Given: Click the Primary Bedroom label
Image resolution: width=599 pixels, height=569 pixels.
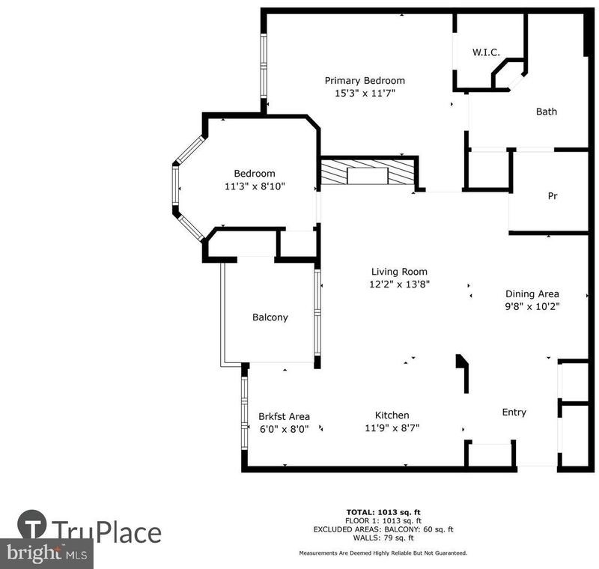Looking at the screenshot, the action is click(x=365, y=81).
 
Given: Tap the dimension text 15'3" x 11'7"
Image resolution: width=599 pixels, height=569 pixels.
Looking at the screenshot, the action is click(x=365, y=93).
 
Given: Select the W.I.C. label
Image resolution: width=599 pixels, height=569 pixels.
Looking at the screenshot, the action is click(x=486, y=52).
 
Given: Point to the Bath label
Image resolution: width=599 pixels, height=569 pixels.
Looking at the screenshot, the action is click(x=547, y=112).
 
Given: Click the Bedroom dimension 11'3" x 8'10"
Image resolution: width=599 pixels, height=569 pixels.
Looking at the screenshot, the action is click(x=255, y=186).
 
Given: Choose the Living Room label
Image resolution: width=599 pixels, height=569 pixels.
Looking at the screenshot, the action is click(x=399, y=272).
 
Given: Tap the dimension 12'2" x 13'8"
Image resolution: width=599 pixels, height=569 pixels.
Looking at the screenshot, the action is click(x=400, y=284).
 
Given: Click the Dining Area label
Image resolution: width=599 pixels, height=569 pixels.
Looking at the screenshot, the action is click(x=532, y=294).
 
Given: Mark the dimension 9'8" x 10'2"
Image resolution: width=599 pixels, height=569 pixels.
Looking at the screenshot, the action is click(x=532, y=306).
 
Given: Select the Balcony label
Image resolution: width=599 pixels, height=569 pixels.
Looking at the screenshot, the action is click(x=270, y=317).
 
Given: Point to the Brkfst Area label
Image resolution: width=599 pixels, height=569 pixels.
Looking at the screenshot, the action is click(x=284, y=416).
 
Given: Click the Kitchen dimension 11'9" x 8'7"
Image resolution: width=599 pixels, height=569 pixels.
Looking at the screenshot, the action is click(x=392, y=427).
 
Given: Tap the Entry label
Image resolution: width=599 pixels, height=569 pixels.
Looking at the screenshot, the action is click(x=514, y=413).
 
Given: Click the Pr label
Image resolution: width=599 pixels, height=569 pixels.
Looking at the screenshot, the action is click(x=553, y=196).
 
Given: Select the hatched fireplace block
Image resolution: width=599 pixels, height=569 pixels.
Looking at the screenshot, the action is click(x=368, y=172).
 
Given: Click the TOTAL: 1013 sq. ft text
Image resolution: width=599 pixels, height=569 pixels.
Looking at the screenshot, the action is click(x=383, y=513).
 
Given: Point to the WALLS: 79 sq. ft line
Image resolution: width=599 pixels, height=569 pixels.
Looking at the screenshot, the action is click(x=383, y=538).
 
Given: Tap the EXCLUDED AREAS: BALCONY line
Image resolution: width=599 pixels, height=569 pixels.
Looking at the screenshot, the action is click(x=383, y=529).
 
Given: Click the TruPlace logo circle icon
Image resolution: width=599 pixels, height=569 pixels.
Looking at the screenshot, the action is click(x=32, y=525).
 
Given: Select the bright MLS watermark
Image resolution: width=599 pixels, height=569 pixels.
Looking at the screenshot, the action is click(x=46, y=554).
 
